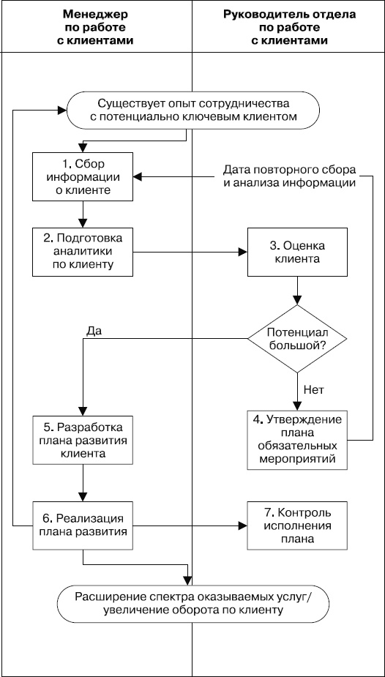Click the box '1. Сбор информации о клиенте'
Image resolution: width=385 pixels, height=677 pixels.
[83, 176]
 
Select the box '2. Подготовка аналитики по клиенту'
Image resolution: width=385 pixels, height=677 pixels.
[83, 252]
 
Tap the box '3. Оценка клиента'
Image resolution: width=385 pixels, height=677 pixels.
[296, 252]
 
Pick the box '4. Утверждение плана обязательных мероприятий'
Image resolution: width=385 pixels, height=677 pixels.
[296, 439]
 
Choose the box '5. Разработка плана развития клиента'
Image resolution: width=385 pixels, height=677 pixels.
[83, 439]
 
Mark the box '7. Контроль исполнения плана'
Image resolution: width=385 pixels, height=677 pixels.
[296, 524]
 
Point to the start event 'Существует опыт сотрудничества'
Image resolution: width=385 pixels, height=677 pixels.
[193, 109]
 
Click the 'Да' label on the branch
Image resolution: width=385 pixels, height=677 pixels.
[93, 330]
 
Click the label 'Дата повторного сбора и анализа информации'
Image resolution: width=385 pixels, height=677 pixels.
[289, 176]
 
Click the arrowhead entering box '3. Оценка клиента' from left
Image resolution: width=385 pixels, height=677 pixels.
[242, 252]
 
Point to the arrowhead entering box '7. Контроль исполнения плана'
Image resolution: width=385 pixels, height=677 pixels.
[242, 524]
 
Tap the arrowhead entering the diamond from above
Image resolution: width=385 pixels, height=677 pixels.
[296, 301]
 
